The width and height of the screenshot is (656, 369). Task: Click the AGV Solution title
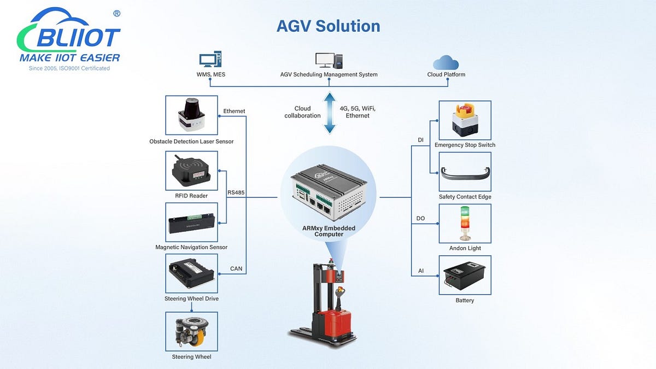tap(328, 26)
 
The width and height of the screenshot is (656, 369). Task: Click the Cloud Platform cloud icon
tap(446, 62)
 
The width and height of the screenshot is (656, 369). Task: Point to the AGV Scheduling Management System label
tap(328, 74)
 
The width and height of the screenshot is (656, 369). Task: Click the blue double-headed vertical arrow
tap(329, 113)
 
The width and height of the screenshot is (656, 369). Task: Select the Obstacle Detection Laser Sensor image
tap(191, 115)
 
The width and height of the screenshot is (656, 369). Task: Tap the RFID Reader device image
tap(191, 171)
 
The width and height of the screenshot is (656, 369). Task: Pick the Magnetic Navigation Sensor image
tap(191, 222)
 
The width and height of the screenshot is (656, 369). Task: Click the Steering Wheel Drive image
tap(191, 274)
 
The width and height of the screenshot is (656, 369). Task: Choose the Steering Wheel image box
tap(191, 331)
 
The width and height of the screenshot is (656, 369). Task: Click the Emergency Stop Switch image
tap(465, 120)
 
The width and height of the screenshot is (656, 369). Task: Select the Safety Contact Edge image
tap(465, 172)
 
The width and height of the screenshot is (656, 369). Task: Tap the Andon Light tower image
tap(465, 224)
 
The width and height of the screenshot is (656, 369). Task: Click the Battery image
tap(465, 275)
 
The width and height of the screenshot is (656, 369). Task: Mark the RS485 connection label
tap(237, 193)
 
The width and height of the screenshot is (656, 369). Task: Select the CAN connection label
tap(236, 268)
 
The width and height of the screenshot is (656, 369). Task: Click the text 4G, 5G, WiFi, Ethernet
tap(358, 112)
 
